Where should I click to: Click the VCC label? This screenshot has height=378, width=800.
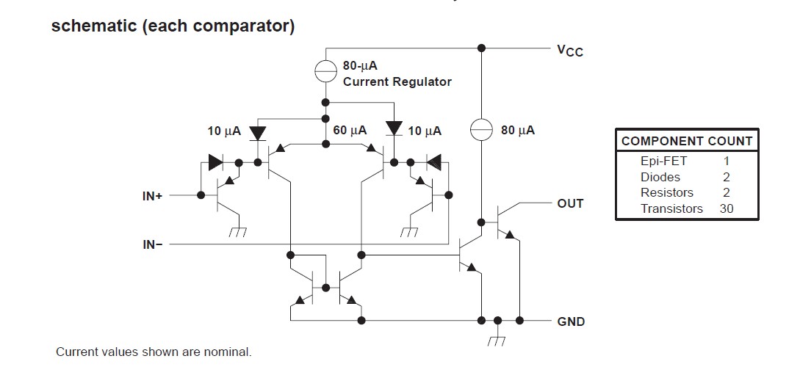(x=569, y=50)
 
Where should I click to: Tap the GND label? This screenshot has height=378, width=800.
(x=571, y=321)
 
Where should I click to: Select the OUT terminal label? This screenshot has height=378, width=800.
(x=570, y=203)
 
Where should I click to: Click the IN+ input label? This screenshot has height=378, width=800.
(x=153, y=196)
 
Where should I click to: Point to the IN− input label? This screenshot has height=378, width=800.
(x=153, y=244)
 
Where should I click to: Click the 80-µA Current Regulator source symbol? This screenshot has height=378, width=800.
(x=325, y=71)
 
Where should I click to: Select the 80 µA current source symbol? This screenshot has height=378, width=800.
(x=481, y=130)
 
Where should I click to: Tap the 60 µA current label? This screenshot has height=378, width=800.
(x=350, y=131)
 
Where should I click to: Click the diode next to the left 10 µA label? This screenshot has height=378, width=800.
(x=257, y=133)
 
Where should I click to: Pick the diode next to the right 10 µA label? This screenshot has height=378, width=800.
(x=394, y=130)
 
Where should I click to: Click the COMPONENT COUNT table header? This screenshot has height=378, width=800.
(x=687, y=141)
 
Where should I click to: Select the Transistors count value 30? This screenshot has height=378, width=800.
(x=727, y=208)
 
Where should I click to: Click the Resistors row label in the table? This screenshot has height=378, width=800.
(x=667, y=192)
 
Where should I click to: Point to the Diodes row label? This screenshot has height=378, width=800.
(x=660, y=177)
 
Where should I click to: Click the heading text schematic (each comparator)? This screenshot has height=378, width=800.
(x=173, y=26)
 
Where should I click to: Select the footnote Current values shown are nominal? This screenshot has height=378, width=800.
(x=154, y=352)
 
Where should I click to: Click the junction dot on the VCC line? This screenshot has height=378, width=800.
(x=481, y=48)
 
